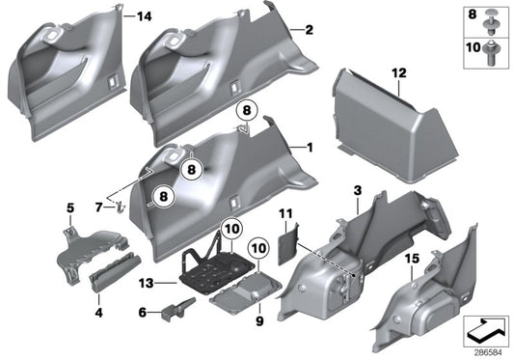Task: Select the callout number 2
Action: tap(309, 30)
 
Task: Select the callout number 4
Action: tap(98, 312)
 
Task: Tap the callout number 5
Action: tap(69, 208)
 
